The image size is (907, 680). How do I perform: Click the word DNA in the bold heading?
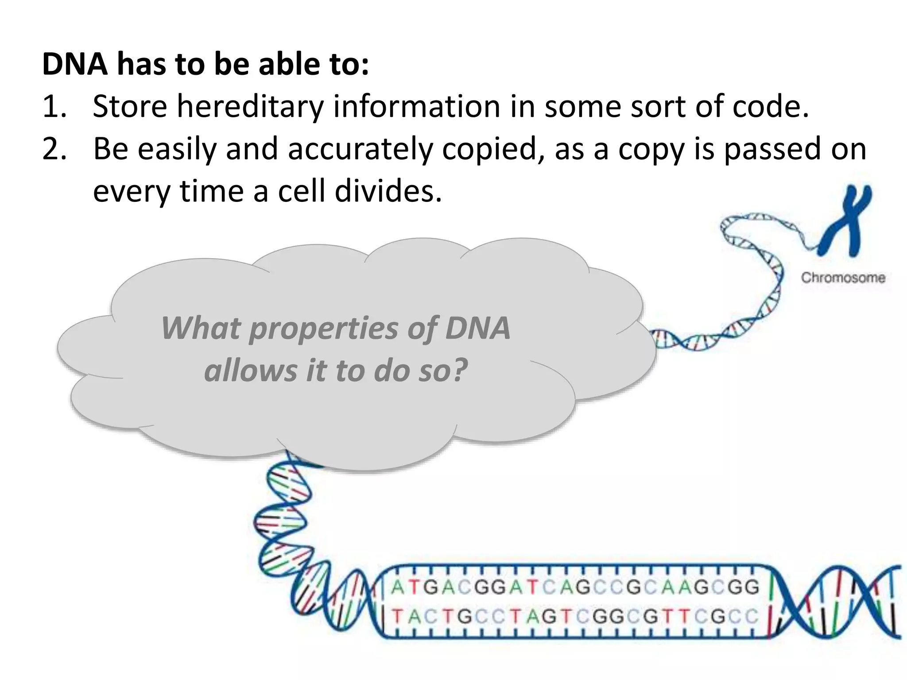(75, 65)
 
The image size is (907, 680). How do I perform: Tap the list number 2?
(54, 149)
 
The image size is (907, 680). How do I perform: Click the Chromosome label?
(843, 278)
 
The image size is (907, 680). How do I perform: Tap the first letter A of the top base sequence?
(398, 587)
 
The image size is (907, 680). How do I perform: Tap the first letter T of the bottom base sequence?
(398, 616)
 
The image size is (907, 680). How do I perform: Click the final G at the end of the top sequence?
(752, 587)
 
